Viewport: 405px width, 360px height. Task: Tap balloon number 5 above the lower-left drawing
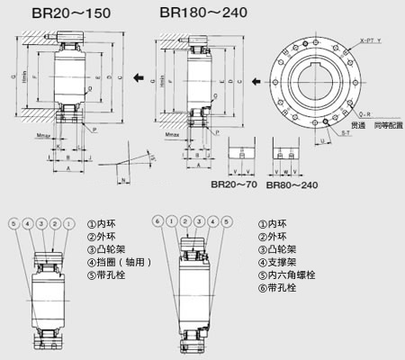pyautogui.click(x=10, y=222)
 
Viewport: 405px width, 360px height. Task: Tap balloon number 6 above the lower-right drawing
pyautogui.click(x=159, y=221)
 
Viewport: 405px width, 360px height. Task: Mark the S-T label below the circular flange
pyautogui.click(x=346, y=133)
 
